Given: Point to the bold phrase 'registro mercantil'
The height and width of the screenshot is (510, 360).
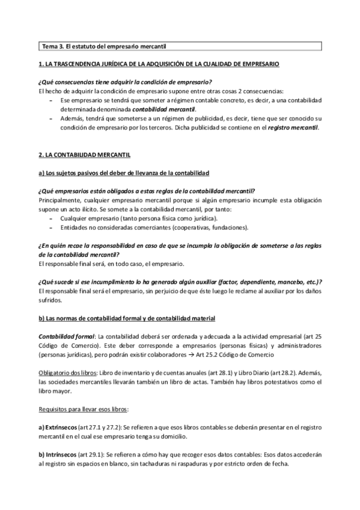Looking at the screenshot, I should click(293, 127).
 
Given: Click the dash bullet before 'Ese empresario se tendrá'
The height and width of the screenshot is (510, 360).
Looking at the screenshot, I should click(50, 99).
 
